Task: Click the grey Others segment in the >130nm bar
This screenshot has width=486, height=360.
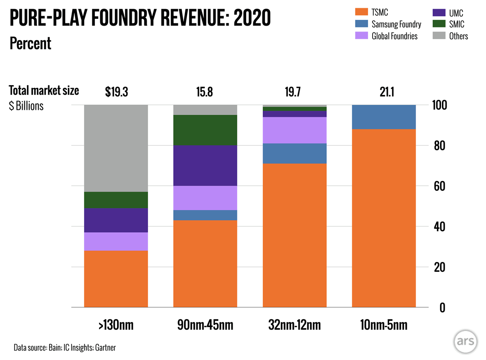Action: pyautogui.click(x=116, y=148)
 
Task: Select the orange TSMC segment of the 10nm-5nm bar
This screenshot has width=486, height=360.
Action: pyautogui.click(x=383, y=218)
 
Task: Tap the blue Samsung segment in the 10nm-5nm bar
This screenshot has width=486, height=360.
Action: pyautogui.click(x=383, y=117)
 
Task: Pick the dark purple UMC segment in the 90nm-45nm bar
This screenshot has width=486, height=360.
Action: pyautogui.click(x=205, y=166)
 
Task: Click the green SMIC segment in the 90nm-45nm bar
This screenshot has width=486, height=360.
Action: pyautogui.click(x=205, y=130)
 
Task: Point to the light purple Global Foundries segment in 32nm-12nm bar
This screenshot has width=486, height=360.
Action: pyautogui.click(x=294, y=130)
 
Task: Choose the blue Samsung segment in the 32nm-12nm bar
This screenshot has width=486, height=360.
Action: pyautogui.click(x=294, y=153)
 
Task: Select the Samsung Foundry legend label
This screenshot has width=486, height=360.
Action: pyautogui.click(x=396, y=24)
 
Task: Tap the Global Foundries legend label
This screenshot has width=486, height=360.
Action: pyautogui.click(x=395, y=36)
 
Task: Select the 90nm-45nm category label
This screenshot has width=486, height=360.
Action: pyautogui.click(x=205, y=325)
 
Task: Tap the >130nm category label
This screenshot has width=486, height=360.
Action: pyautogui.click(x=116, y=325)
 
